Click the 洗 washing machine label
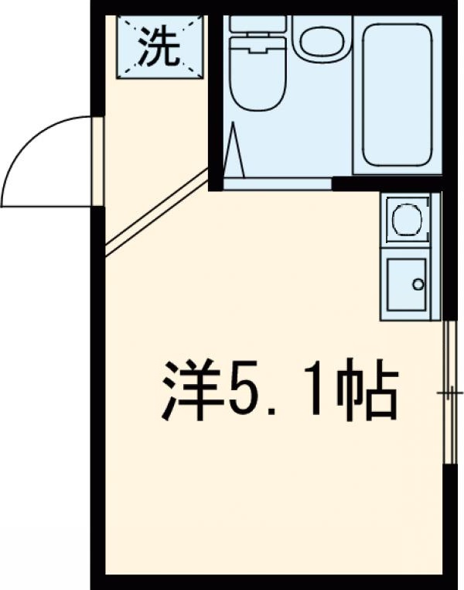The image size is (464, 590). click(x=160, y=48)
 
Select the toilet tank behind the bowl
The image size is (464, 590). click(x=259, y=23)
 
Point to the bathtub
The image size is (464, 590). click(x=397, y=94)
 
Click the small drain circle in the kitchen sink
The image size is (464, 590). click(x=418, y=284)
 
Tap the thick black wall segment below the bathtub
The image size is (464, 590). click(x=387, y=184)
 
